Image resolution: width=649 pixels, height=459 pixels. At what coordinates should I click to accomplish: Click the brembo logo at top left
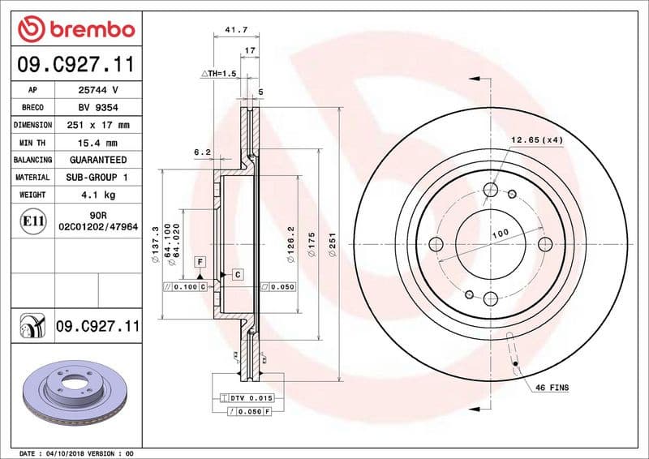pos(75,30)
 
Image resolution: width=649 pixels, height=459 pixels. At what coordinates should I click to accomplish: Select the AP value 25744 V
pos(98,89)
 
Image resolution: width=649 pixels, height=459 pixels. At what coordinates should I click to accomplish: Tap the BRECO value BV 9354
pos(98,107)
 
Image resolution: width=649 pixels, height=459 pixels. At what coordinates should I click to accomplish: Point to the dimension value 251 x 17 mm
pos(98,125)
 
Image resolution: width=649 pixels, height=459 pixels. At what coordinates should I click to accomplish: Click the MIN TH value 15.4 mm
pos(98,143)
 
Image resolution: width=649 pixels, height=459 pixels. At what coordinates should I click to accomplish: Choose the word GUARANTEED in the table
pos(98,160)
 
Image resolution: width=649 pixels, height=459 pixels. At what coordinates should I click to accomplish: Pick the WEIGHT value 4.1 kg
pos(98,195)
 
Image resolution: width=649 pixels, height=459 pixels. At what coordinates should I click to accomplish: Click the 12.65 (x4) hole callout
pos(536,139)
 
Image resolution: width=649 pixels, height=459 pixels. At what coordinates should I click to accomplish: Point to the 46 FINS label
pos(552,388)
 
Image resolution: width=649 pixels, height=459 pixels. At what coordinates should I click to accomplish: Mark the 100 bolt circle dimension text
pos(501,234)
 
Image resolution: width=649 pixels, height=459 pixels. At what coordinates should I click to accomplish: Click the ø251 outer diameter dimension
pos(333,242)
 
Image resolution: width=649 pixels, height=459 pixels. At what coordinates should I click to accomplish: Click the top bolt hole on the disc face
pos(491,191)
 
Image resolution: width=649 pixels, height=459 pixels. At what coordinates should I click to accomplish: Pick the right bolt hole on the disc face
pos(544,244)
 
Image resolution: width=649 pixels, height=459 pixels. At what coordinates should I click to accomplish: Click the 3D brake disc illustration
pos(73,391)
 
